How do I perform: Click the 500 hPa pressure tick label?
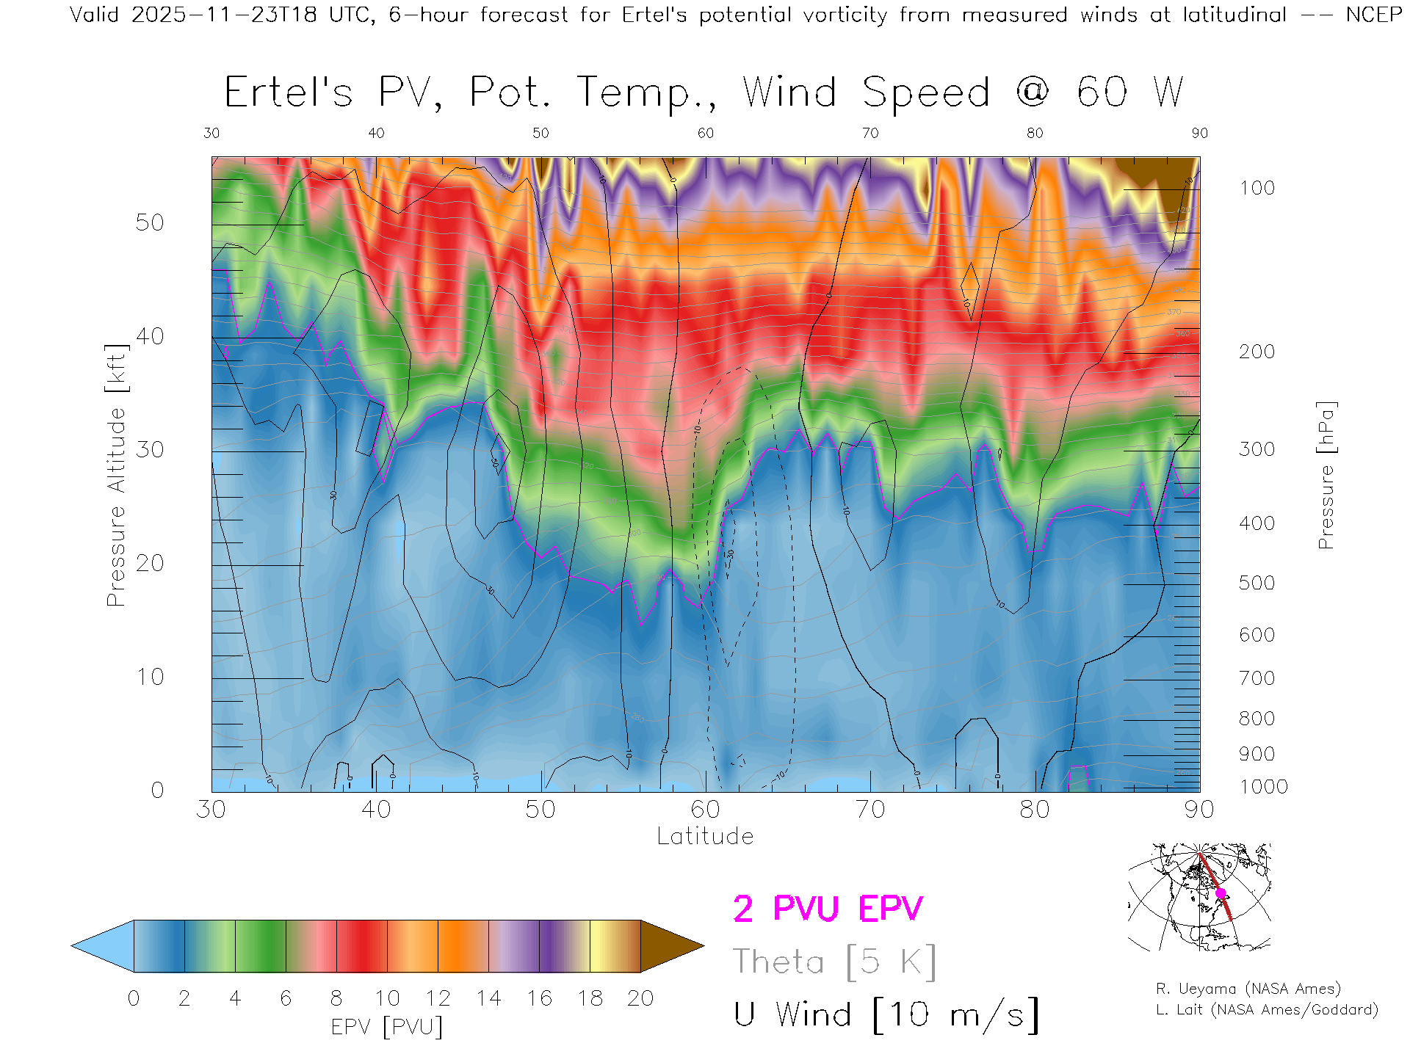[x=1257, y=583]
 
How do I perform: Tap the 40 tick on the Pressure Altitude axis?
[x=150, y=336]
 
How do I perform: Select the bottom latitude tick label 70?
[x=869, y=810]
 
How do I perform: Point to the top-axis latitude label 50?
[x=540, y=133]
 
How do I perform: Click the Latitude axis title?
[x=705, y=836]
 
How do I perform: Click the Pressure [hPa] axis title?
[x=1326, y=475]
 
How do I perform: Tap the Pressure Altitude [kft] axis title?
[x=117, y=475]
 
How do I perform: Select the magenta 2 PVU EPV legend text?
[x=828, y=909]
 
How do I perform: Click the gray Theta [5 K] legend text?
[x=834, y=962]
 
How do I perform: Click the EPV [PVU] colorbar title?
[x=387, y=1026]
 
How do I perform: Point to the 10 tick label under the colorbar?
[x=387, y=998]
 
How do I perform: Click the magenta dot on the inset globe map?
[x=1221, y=893]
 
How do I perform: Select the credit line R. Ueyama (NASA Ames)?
[x=1248, y=989]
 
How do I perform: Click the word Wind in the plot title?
[x=789, y=92]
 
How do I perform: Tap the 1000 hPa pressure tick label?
[x=1263, y=787]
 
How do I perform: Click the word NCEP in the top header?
[x=1373, y=15]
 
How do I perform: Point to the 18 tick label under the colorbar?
[x=590, y=998]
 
